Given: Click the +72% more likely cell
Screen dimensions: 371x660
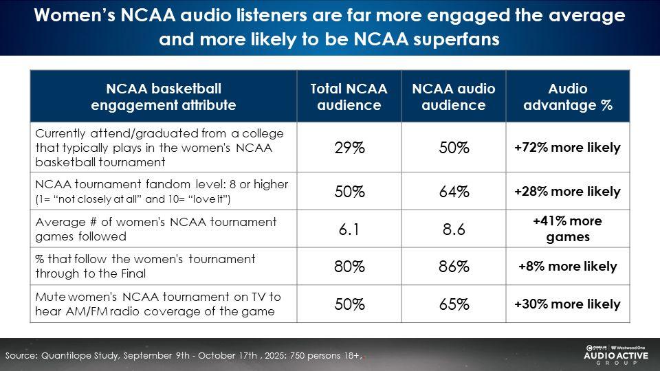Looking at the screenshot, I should coord(567,148).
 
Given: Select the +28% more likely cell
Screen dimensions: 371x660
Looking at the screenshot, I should coord(567,192).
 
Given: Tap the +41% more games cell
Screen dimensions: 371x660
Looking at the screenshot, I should coord(567,229).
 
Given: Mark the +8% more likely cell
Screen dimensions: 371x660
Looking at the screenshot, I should coord(567,267).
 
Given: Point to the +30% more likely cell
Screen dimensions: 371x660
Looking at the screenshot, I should coord(567,304).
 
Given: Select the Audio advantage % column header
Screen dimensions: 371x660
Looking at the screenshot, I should coord(567,97).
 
